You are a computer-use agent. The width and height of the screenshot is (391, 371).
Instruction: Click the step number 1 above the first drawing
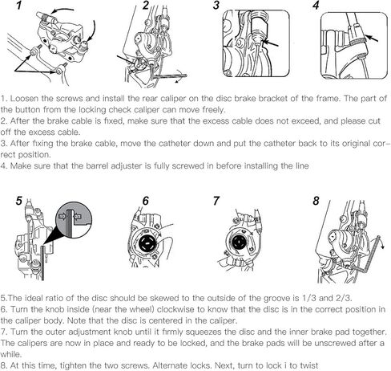tap(18, 6)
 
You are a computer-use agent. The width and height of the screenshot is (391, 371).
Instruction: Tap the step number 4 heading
tap(316, 5)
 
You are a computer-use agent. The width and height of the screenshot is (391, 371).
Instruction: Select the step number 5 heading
tap(18, 201)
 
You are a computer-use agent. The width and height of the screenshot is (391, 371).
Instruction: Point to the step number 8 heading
tap(316, 201)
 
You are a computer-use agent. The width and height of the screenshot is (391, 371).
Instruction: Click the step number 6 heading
tap(146, 201)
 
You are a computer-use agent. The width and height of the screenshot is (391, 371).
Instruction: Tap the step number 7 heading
tap(216, 201)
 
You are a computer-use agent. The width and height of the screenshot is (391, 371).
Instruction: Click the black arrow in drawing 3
tap(271, 43)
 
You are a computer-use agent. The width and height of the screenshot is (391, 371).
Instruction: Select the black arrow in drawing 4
tap(372, 39)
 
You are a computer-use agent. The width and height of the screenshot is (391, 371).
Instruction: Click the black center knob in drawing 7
tap(237, 242)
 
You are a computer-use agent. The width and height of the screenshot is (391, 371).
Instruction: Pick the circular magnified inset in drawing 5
tap(74, 220)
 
